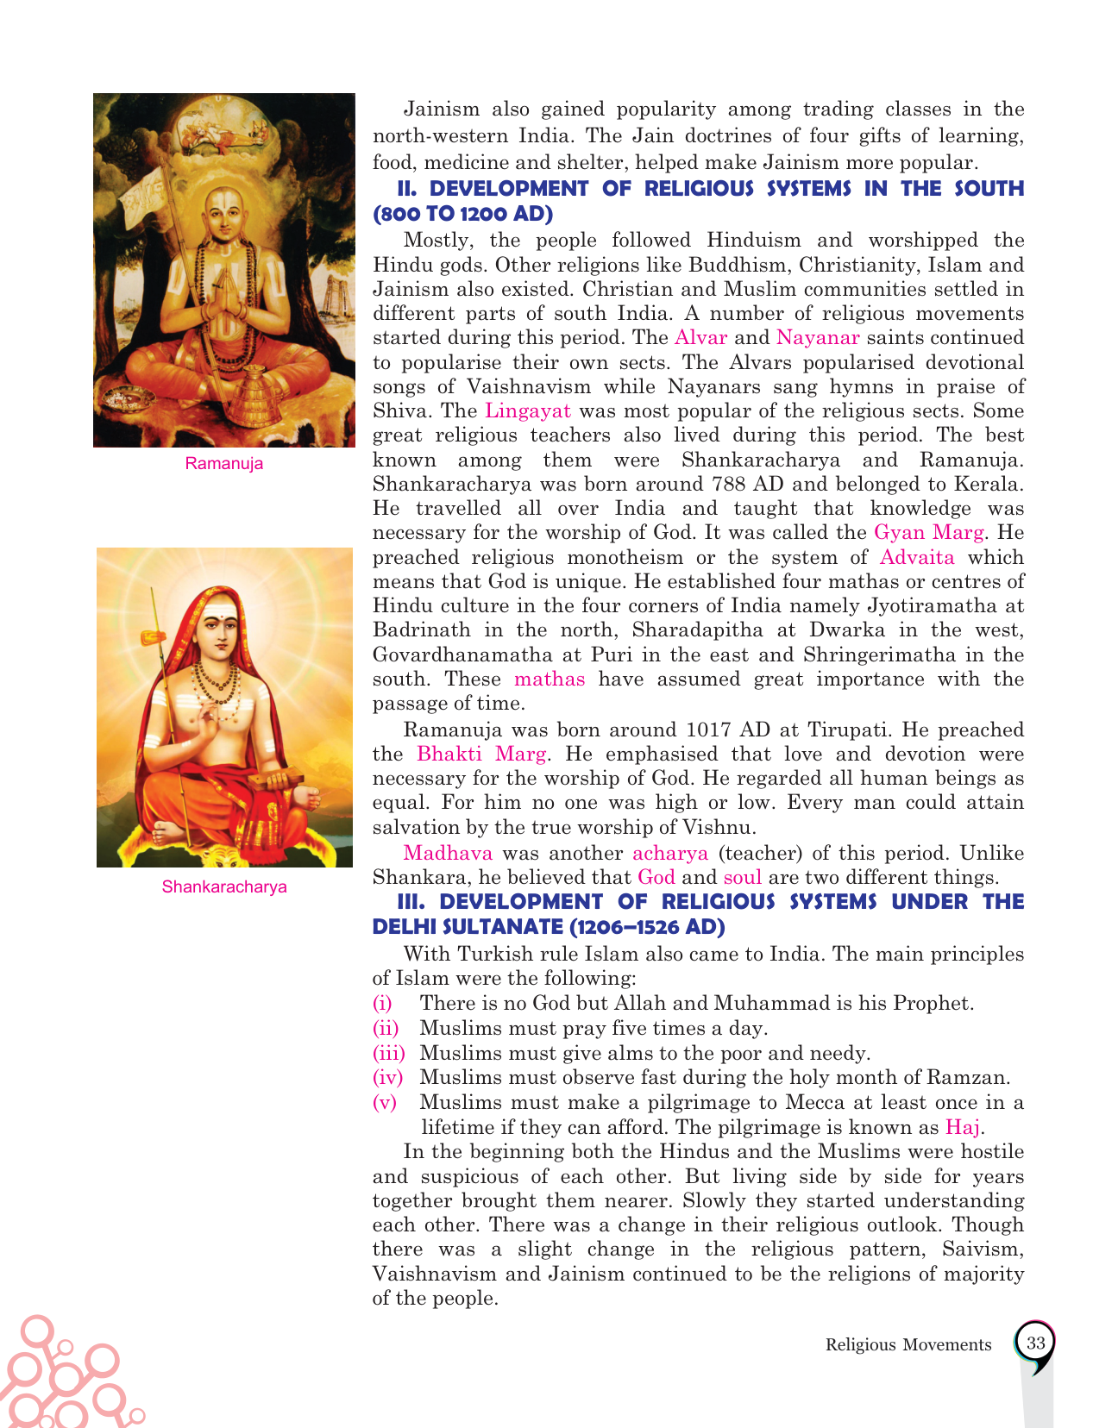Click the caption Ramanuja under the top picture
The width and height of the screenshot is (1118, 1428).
pyautogui.click(x=223, y=464)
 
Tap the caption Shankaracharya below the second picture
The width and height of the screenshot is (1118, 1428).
pyautogui.click(x=224, y=886)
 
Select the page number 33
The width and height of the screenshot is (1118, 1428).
pyautogui.click(x=1035, y=1343)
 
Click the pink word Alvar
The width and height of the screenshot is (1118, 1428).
pyautogui.click(x=700, y=337)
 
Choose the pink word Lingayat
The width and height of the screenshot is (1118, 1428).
pyautogui.click(x=528, y=410)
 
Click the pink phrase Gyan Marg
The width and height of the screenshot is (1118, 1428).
pyautogui.click(x=928, y=532)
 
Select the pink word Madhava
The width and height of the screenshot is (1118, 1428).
pyautogui.click(x=448, y=853)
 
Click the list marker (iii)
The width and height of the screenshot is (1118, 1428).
pyautogui.click(x=388, y=1053)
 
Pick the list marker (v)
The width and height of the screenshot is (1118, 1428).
pyautogui.click(x=385, y=1102)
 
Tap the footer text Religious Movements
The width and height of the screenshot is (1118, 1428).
pyautogui.click(x=908, y=1344)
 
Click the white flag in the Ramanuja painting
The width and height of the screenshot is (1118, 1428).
pyautogui.click(x=151, y=195)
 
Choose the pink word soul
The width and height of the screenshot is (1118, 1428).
pyautogui.click(x=742, y=878)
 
